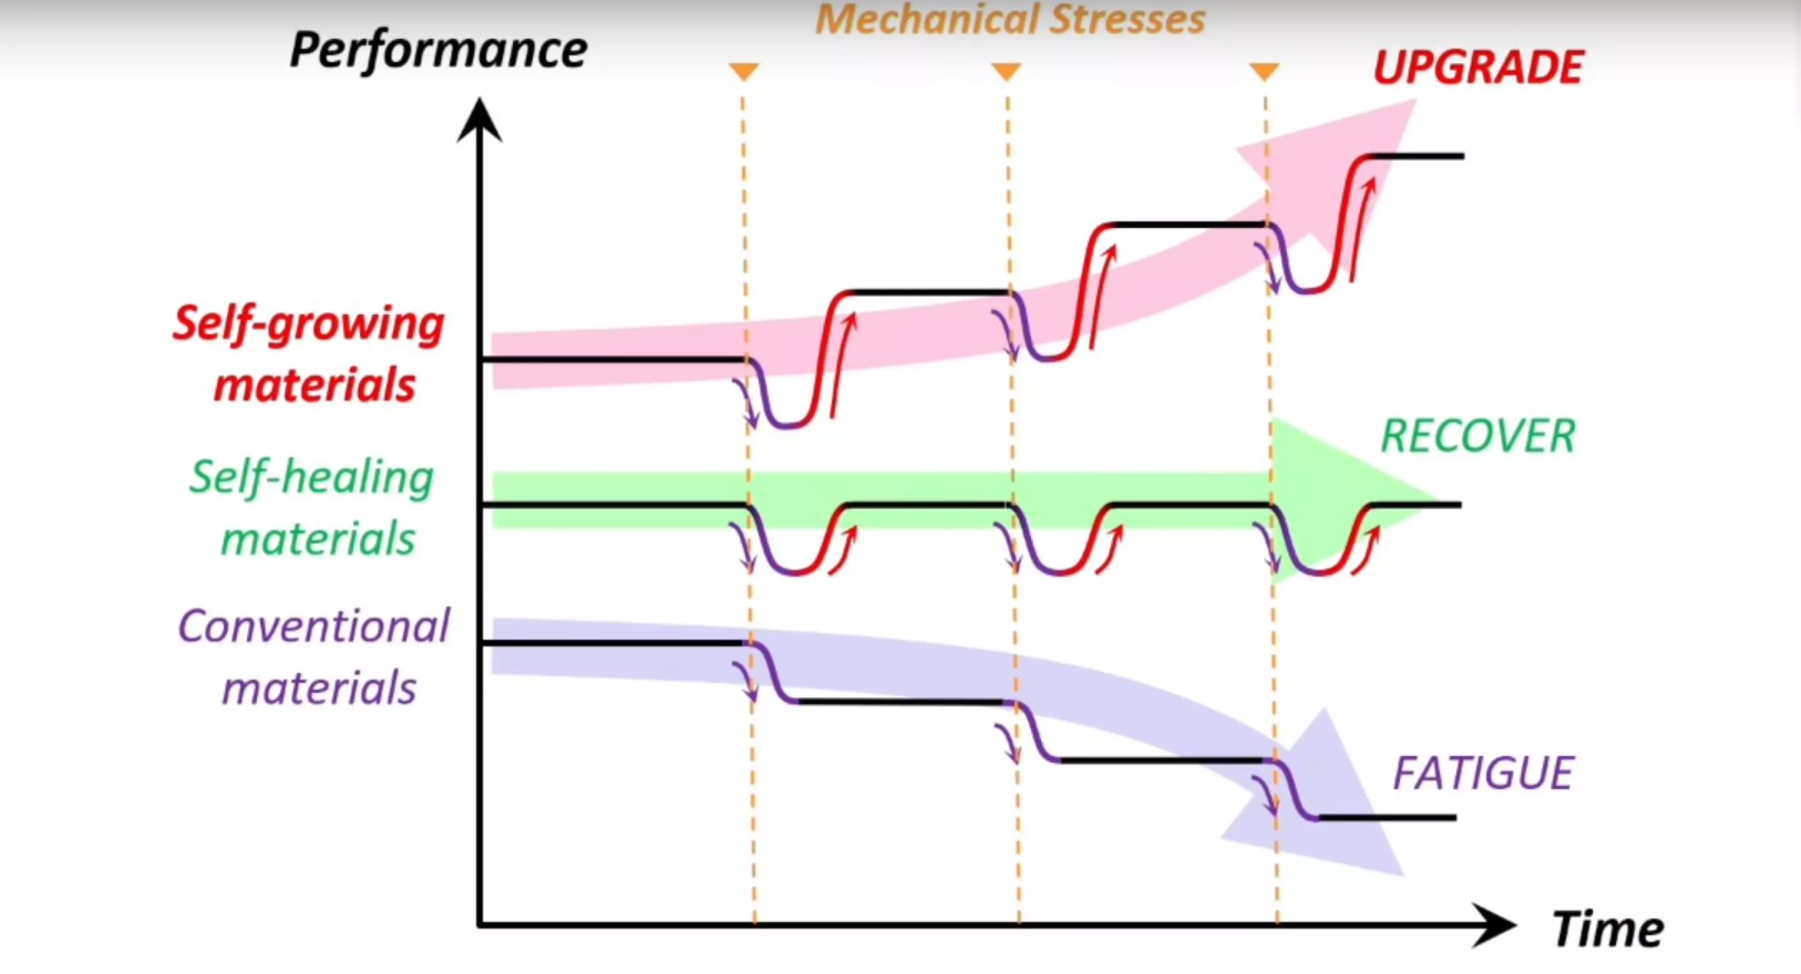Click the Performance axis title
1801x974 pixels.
pyautogui.click(x=438, y=51)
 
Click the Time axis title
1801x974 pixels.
pyautogui.click(x=1607, y=929)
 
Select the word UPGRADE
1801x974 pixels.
pyautogui.click(x=1477, y=67)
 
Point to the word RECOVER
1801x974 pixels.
pyautogui.click(x=1477, y=436)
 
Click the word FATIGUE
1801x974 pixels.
pyautogui.click(x=1483, y=773)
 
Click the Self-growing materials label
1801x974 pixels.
pyautogui.click(x=309, y=354)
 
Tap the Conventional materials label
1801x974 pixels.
pyautogui.click(x=315, y=657)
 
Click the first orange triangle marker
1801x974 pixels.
pyautogui.click(x=743, y=71)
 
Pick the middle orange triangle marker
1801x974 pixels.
pyautogui.click(x=1006, y=71)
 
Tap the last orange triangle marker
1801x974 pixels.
pyautogui.click(x=1264, y=71)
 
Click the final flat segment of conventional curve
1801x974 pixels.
pyautogui.click(x=1388, y=817)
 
